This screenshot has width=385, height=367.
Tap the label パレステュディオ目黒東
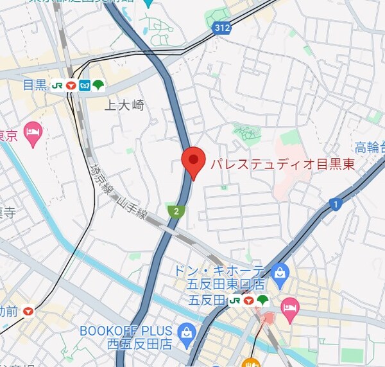[x=283, y=164]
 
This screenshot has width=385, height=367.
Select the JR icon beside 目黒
[x=57, y=85]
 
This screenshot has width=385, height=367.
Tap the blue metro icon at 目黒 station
[x=85, y=85]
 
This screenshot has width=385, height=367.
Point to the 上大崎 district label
[x=124, y=105]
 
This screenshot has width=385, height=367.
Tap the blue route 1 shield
[x=334, y=204]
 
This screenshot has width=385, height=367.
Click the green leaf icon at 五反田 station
[x=262, y=300]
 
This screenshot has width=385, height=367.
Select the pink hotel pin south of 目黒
[x=33, y=133]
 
